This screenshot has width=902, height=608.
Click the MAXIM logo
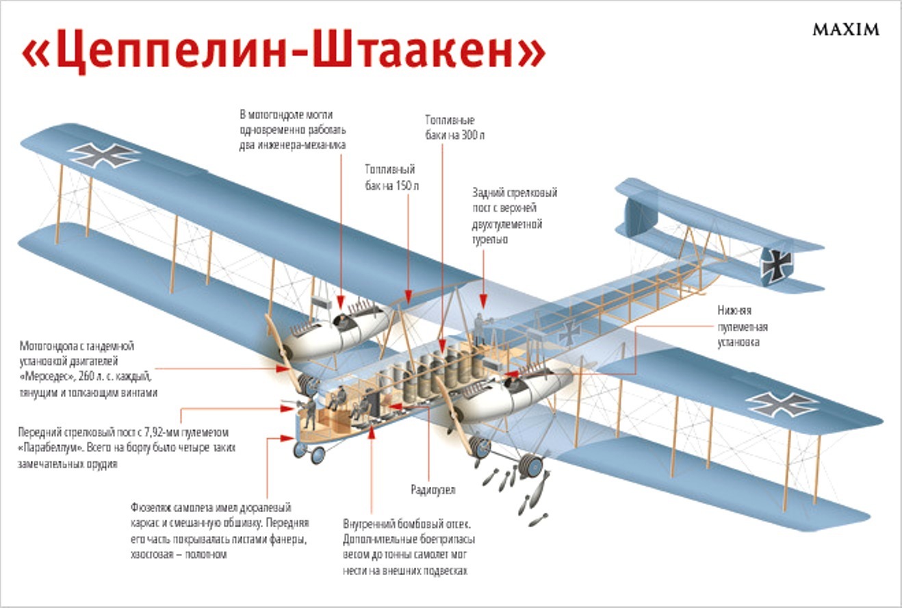[845, 29]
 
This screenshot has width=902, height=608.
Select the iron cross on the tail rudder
[777, 264]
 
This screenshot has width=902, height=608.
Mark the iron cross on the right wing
[782, 404]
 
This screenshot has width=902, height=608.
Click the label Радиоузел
[433, 490]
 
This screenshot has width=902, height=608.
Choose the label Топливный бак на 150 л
[390, 177]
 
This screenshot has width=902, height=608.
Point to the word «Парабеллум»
[49, 448]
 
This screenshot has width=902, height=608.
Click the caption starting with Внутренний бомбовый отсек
[409, 547]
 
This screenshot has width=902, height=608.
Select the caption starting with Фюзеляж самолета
[220, 531]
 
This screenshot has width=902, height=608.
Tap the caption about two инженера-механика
[293, 129]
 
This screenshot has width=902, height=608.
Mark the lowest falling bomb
[538, 520]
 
